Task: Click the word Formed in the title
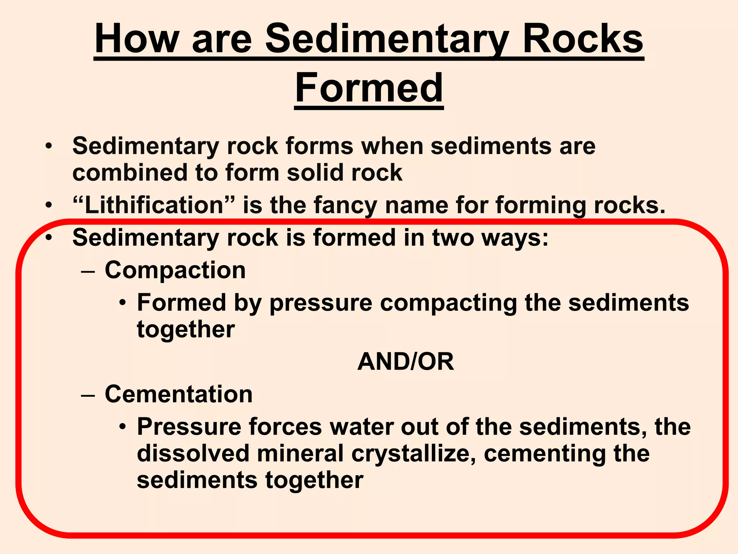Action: click(369, 88)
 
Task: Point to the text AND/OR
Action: click(405, 362)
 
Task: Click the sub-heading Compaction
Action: click(175, 270)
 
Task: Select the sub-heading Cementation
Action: click(179, 394)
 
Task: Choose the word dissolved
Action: click(193, 454)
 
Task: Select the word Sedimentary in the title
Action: click(387, 39)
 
